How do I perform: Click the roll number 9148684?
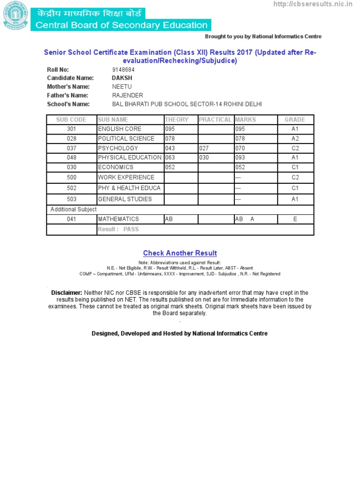(x=123, y=70)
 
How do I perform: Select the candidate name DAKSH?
(x=122, y=78)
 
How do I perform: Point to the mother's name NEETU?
(x=122, y=87)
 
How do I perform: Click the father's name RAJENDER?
(x=127, y=95)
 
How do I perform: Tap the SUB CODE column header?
(x=71, y=120)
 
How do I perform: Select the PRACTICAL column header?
(x=215, y=120)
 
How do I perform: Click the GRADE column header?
(x=295, y=120)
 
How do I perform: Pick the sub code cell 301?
(x=71, y=129)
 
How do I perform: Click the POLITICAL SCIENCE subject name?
(x=126, y=139)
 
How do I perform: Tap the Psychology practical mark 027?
(x=204, y=148)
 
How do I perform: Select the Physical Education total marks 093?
(x=240, y=157)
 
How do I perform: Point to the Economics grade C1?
(x=295, y=167)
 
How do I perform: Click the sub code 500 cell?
(x=71, y=178)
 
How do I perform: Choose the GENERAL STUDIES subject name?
(x=125, y=199)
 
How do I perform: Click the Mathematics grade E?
(x=295, y=219)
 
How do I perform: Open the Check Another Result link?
(x=180, y=253)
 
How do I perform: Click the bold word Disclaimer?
(x=67, y=293)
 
